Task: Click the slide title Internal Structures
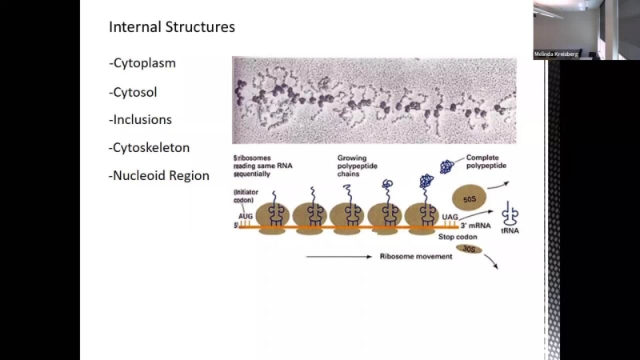172,27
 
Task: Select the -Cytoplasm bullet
142,62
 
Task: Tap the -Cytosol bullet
133,92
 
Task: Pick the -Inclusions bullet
140,120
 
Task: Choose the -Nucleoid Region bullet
159,176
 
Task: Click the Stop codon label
458,237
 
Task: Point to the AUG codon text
245,216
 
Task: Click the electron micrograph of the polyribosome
374,100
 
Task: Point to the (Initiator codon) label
245,196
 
